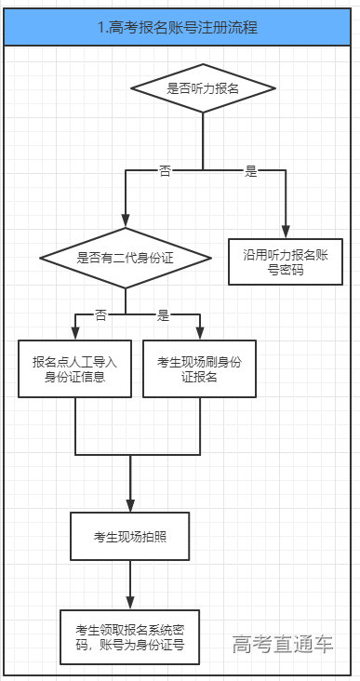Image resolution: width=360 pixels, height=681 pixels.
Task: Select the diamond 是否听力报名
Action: click(203, 89)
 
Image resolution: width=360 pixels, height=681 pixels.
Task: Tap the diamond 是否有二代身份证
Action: click(124, 257)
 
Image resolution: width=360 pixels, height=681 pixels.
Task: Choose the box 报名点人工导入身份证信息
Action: click(74, 369)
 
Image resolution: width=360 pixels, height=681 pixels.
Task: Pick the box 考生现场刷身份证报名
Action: click(199, 369)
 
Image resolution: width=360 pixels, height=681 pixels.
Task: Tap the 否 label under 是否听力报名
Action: click(165, 171)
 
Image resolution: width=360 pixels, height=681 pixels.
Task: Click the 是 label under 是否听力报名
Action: click(250, 171)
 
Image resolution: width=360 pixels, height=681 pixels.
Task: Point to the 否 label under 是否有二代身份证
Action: click(100, 315)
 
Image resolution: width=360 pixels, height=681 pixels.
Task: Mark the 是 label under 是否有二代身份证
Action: click(163, 315)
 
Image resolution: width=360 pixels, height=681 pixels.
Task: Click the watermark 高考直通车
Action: click(283, 644)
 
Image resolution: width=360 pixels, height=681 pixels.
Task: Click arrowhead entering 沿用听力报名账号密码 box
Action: click(286, 232)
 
